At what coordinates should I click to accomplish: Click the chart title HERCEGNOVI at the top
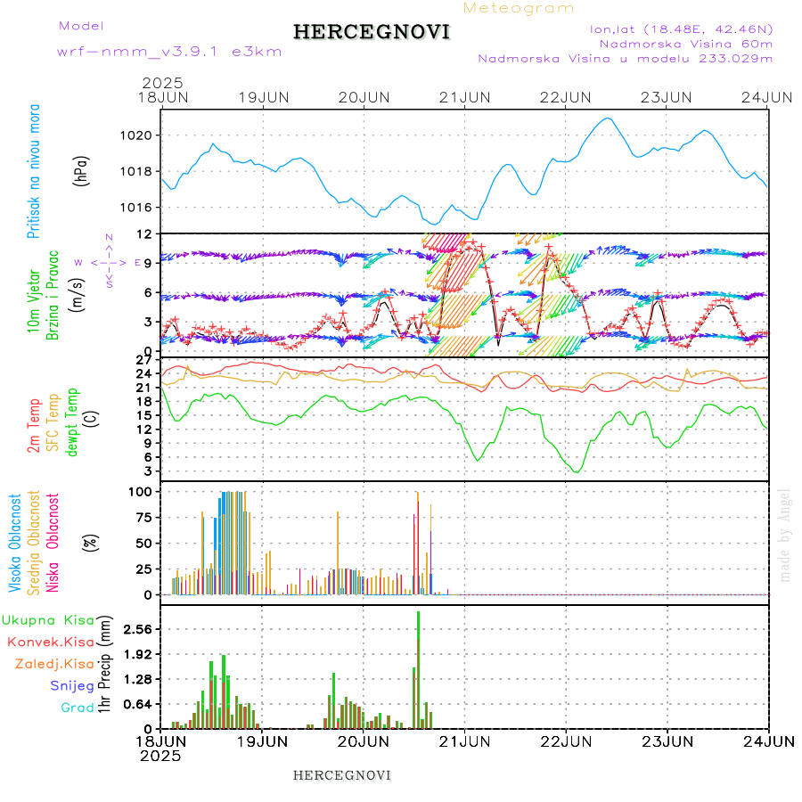point(372,32)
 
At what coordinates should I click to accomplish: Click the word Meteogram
point(519,8)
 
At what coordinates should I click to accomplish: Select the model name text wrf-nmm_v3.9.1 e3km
point(169,52)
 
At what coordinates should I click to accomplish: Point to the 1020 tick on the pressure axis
point(142,135)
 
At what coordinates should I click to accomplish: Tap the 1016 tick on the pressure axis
point(142,208)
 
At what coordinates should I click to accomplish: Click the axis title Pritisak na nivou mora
point(34,170)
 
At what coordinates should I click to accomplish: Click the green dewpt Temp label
point(72,421)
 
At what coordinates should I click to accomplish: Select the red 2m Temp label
point(34,427)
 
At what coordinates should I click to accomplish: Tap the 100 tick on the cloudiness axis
point(143,492)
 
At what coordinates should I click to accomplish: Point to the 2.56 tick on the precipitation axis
point(138,629)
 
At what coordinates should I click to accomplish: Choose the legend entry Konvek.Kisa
point(51,642)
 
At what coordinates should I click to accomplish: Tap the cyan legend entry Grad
point(78,708)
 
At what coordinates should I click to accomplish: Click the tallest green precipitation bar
point(419,668)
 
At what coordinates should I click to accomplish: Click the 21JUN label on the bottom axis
point(464,741)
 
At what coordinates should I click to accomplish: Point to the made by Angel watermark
point(785,535)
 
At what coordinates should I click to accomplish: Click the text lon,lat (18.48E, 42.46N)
point(681,29)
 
